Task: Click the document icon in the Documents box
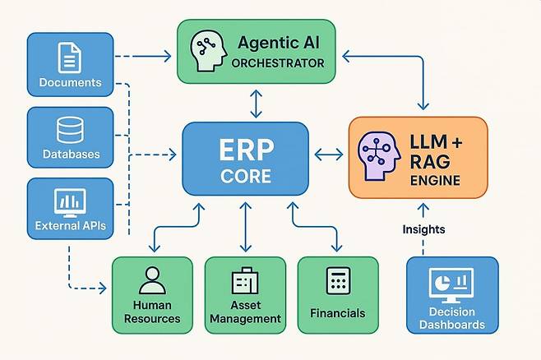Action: [70, 58]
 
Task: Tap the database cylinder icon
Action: [70, 130]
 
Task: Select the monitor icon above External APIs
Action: [70, 203]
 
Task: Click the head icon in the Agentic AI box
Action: [208, 51]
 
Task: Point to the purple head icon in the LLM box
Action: [379, 156]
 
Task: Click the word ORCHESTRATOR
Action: [278, 63]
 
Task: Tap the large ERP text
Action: [247, 150]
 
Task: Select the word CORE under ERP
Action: [246, 176]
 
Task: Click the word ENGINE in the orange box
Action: [435, 180]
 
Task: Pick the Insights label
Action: [423, 229]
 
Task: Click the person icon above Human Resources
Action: [152, 280]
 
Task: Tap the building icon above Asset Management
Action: [245, 280]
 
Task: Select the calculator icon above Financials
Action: [338, 280]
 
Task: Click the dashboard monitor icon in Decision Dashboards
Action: [451, 285]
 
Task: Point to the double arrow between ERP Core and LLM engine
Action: [329, 155]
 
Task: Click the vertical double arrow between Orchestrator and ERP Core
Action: [256, 104]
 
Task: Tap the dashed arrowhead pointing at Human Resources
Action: [103, 288]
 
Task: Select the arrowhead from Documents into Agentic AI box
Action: [168, 56]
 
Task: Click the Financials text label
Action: [337, 313]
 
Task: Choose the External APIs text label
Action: [71, 225]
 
